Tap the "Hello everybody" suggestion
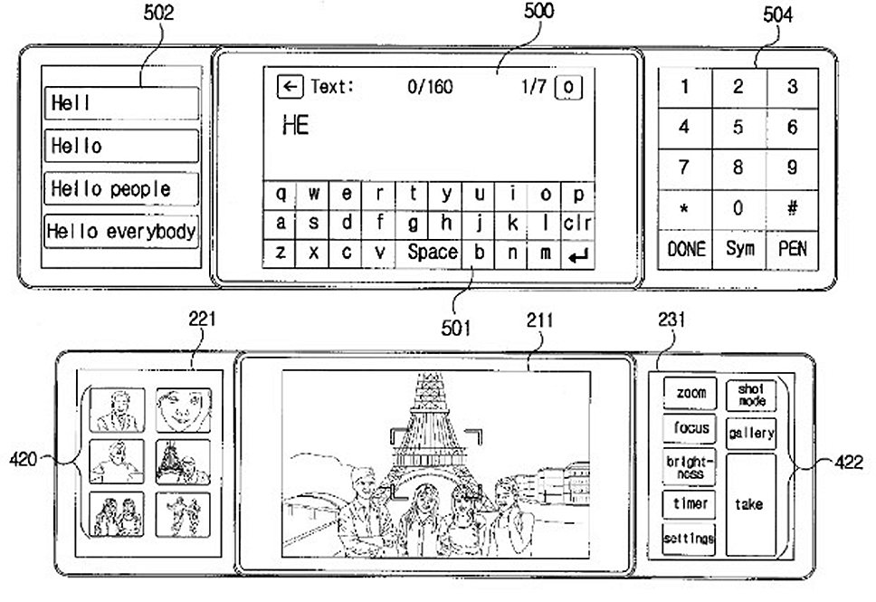121,231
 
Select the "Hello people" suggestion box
121,188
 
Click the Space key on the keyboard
429,253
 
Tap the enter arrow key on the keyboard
577,255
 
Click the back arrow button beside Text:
290,87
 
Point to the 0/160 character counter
430,87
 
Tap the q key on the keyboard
280,194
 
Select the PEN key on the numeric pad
792,249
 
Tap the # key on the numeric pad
792,208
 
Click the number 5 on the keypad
738,128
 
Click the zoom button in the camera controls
690,393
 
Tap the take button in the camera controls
751,504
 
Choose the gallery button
751,434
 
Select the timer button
690,503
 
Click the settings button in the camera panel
689,539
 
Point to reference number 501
455,328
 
